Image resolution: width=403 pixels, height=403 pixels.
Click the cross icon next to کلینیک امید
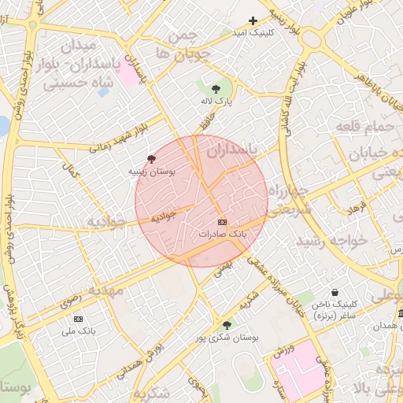point(253,20)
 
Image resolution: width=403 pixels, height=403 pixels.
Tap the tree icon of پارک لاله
point(216,89)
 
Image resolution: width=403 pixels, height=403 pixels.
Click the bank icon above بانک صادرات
point(222,223)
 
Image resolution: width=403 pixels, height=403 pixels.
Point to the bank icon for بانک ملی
point(78,319)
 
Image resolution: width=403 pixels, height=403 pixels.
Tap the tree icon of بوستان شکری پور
point(227,324)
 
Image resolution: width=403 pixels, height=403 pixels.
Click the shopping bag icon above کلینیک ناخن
point(335,292)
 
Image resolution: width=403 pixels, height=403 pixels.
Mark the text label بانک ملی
point(79,331)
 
